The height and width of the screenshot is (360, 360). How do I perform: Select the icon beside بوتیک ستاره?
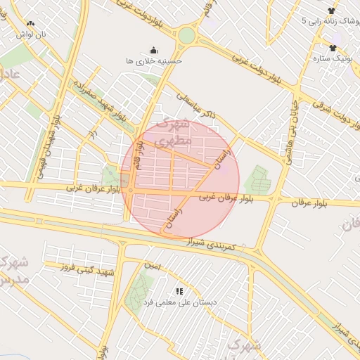[x=333, y=48]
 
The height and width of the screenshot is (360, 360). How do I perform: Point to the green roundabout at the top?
[x=186, y=34]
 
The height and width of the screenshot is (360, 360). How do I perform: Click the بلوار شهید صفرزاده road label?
[x=101, y=103]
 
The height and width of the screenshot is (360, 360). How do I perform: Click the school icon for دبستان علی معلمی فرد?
[x=179, y=290]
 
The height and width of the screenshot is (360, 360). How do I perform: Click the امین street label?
[x=152, y=266]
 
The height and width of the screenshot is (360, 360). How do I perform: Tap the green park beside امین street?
[x=139, y=291]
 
